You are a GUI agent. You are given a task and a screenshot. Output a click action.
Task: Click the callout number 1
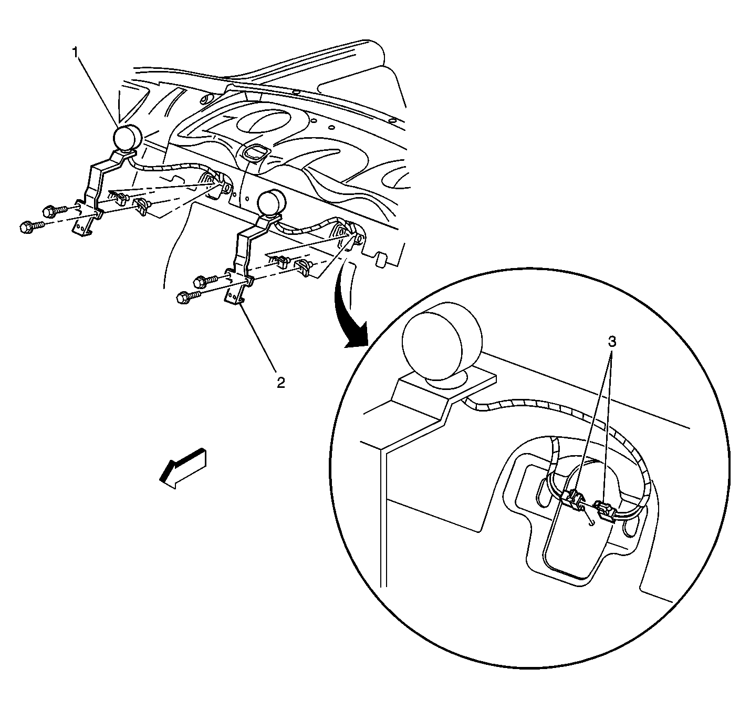[x=76, y=53]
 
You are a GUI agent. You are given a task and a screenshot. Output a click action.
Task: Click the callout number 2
[x=280, y=383]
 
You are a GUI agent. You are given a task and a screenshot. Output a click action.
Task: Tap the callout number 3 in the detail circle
[x=611, y=342]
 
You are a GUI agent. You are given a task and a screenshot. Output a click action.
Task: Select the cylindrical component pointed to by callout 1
[x=127, y=138]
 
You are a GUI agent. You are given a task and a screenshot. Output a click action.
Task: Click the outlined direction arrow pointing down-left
[x=183, y=469]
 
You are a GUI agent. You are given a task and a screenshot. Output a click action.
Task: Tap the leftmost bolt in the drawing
[x=32, y=227]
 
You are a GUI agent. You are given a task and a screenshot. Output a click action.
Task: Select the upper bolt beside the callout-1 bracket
[x=55, y=211]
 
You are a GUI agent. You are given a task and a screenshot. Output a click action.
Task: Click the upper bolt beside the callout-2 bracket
[x=205, y=281]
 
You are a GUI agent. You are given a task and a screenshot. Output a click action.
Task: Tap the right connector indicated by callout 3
[x=605, y=510]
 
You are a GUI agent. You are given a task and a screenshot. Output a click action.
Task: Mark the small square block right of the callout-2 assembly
[x=382, y=260]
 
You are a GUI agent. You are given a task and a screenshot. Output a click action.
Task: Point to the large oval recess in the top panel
[x=264, y=121]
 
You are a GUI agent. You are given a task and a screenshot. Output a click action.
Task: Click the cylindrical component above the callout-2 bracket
[x=270, y=204]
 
